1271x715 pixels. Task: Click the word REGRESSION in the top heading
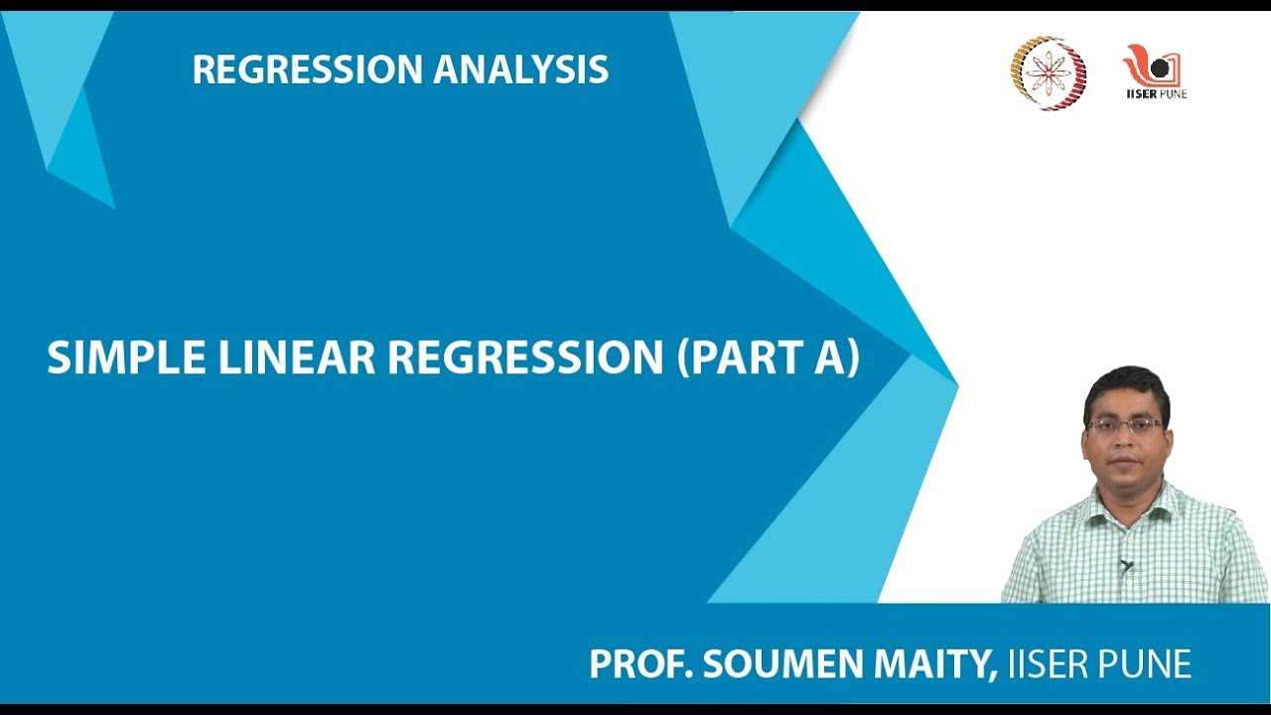[x=308, y=70]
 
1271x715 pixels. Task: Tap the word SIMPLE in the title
[x=110, y=358]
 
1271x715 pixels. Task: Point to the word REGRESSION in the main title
[x=524, y=358]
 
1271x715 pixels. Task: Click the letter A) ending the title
[x=836, y=358]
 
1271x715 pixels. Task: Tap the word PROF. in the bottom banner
[x=640, y=664]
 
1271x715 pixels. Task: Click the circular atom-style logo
[x=1049, y=71]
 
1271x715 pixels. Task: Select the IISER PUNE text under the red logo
[x=1155, y=94]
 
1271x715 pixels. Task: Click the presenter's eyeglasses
[x=1126, y=425]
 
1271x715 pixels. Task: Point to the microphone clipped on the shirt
[x=1125, y=567]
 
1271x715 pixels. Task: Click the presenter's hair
[x=1126, y=381]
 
